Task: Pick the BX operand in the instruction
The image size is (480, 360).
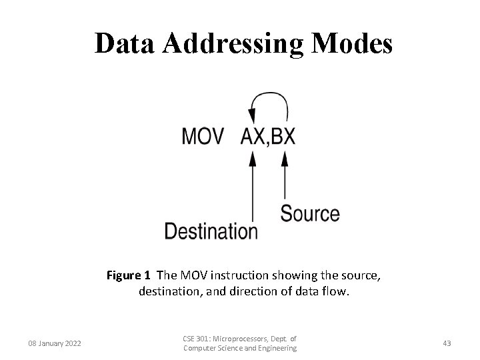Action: coord(283,137)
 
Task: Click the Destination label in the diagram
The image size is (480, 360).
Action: coord(211,231)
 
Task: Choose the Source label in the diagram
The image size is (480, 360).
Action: coord(309,214)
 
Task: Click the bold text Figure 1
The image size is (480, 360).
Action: coord(129,275)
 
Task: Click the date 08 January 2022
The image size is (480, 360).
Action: coord(55,343)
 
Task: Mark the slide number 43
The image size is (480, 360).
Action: coord(447,343)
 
